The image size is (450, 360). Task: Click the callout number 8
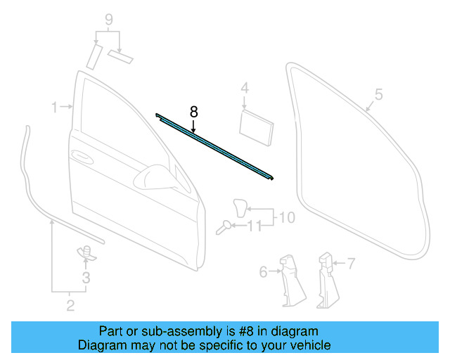tap(194, 111)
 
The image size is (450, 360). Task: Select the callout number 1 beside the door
tap(54, 107)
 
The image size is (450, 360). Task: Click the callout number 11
tap(255, 226)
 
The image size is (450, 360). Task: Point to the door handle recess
tap(81, 155)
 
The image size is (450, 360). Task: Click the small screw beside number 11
tap(225, 226)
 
